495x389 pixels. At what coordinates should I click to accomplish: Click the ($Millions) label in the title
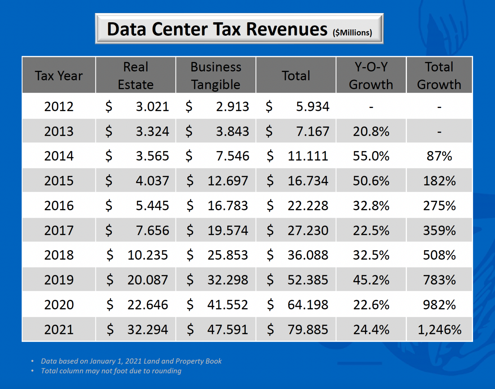click(352, 33)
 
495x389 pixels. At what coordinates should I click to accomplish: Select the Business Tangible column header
click(216, 75)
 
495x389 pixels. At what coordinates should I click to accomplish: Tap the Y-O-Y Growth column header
click(371, 75)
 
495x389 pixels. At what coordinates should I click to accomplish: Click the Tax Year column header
click(59, 76)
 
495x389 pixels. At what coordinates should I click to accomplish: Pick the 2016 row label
click(59, 206)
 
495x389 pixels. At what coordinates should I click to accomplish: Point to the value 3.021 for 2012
click(152, 107)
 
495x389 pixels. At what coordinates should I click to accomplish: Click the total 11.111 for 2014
click(308, 156)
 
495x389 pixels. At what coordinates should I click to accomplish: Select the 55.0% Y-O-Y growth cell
click(371, 156)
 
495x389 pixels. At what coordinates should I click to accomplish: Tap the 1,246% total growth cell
click(439, 330)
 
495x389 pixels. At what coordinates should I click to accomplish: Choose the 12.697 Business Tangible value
click(228, 181)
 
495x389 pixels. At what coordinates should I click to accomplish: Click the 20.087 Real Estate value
click(147, 280)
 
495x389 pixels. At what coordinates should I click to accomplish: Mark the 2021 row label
click(59, 330)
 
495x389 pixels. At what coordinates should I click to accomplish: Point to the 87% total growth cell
click(439, 156)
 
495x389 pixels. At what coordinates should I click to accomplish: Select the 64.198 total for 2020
click(308, 305)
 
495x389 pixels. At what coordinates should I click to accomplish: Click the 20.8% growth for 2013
click(371, 131)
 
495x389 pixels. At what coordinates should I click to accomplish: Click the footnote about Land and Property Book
click(131, 361)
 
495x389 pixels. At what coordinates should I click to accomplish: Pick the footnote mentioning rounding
click(111, 371)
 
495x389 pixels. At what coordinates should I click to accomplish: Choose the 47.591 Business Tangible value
click(228, 330)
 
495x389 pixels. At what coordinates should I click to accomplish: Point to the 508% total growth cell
click(439, 255)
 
